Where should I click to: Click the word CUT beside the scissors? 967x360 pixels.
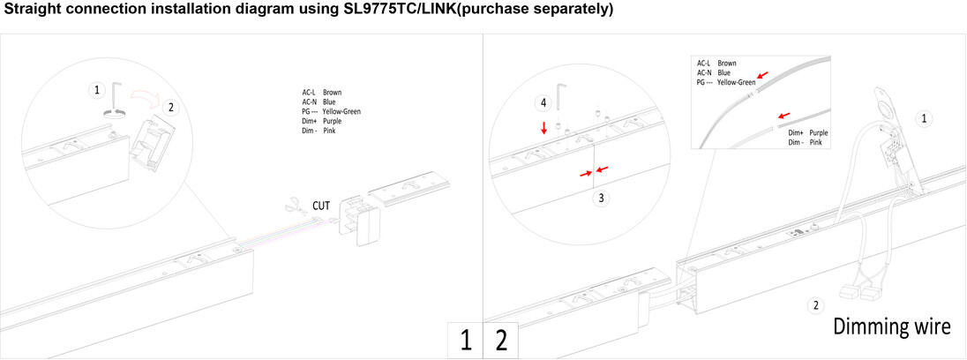pyautogui.click(x=321, y=206)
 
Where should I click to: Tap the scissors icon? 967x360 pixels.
pyautogui.click(x=296, y=206)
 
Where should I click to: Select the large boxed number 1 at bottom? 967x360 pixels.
pyautogui.click(x=466, y=341)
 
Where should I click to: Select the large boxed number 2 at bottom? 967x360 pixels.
pyautogui.click(x=501, y=341)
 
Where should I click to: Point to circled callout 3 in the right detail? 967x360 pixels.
pyautogui.click(x=602, y=199)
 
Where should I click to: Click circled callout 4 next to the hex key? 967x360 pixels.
pyautogui.click(x=543, y=103)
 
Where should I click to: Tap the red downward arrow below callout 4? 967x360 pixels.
pyautogui.click(x=543, y=128)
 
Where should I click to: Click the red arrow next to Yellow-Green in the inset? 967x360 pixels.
pyautogui.click(x=763, y=75)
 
